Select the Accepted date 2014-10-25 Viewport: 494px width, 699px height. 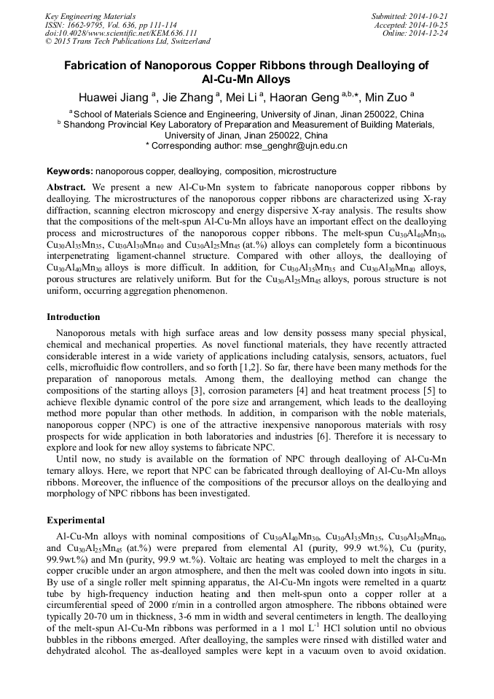pyautogui.click(x=429, y=24)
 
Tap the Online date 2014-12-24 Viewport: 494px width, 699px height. pyautogui.click(x=430, y=33)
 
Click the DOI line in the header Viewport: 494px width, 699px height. pyautogui.click(x=121, y=33)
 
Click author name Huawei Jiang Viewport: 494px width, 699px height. pyautogui.click(x=114, y=96)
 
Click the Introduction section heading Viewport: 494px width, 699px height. pyautogui.click(x=74, y=317)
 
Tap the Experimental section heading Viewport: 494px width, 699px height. pyautogui.click(x=76, y=520)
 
